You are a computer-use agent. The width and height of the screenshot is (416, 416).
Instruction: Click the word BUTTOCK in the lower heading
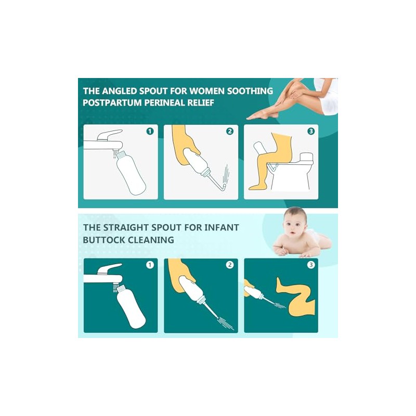(x=103, y=240)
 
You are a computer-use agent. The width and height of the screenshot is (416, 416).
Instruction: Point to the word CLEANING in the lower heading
(x=151, y=240)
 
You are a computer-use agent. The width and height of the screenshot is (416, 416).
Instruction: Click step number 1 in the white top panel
(x=150, y=131)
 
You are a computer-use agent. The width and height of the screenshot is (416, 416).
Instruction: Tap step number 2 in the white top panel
(x=230, y=131)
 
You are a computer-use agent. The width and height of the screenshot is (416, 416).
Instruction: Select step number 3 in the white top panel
(x=310, y=131)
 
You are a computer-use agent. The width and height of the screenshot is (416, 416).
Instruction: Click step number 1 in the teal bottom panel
(x=150, y=265)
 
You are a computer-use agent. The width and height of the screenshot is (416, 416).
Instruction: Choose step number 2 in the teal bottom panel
(x=230, y=265)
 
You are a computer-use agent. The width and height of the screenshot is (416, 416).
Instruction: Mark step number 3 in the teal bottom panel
(x=310, y=265)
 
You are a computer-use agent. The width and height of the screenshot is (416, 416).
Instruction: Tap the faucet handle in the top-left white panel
(x=108, y=135)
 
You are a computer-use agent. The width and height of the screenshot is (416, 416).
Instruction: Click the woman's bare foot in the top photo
(x=258, y=116)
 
